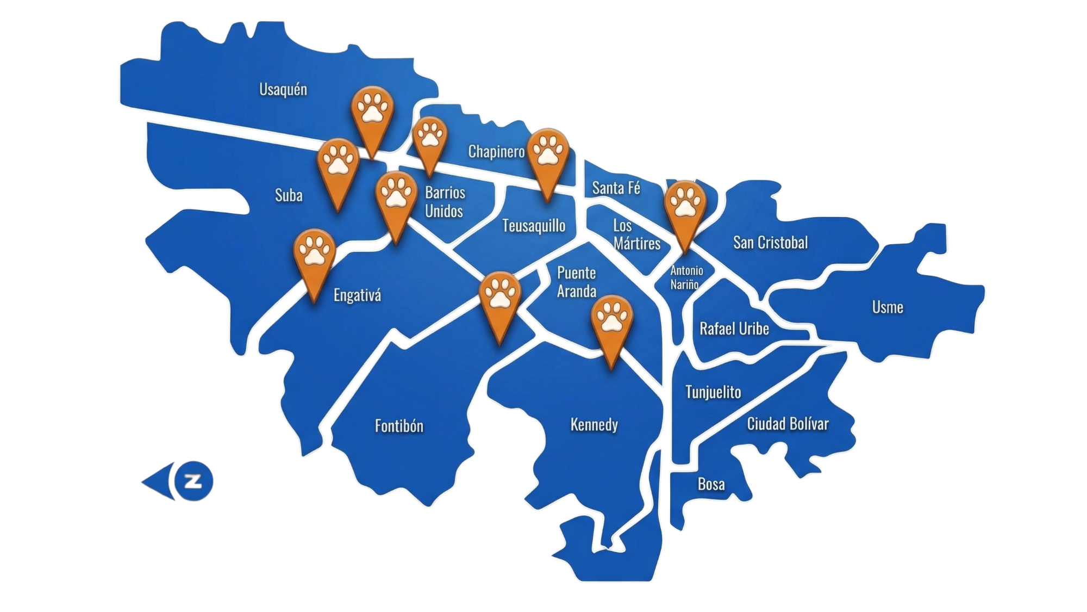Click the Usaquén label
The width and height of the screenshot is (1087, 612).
pyautogui.click(x=283, y=89)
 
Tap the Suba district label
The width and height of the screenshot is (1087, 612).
pyautogui.click(x=289, y=195)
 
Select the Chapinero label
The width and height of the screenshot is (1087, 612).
pyautogui.click(x=496, y=151)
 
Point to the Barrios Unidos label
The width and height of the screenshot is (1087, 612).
pyautogui.click(x=445, y=202)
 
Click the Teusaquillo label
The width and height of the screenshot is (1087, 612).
pyautogui.click(x=534, y=225)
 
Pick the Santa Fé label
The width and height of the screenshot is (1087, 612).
pyautogui.click(x=616, y=188)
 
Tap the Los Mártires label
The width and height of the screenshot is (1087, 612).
pyautogui.click(x=636, y=234)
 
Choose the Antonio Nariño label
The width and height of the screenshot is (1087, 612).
pyautogui.click(x=686, y=277)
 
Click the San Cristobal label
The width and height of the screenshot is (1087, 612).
pyautogui.click(x=770, y=242)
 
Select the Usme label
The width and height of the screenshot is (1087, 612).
pyautogui.click(x=888, y=307)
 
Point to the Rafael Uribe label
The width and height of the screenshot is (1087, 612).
pyautogui.click(x=734, y=329)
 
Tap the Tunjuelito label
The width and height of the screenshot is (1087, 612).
pyautogui.click(x=713, y=392)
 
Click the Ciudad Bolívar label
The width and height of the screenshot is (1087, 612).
pyautogui.click(x=788, y=424)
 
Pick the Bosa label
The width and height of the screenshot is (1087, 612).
pyautogui.click(x=711, y=484)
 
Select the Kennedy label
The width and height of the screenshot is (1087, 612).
pyautogui.click(x=594, y=424)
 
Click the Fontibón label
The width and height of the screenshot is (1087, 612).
pyautogui.click(x=399, y=425)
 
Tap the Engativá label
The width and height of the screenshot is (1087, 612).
pyautogui.click(x=357, y=295)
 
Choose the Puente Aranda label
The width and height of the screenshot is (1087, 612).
pyautogui.click(x=577, y=282)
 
